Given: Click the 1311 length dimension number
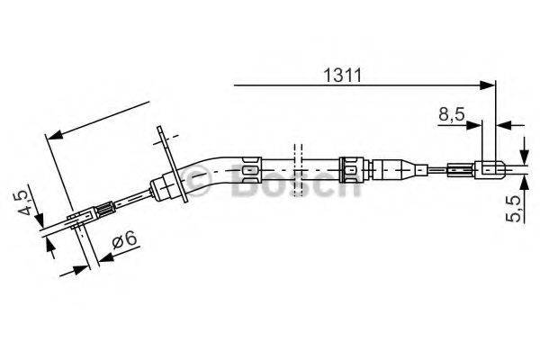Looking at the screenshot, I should point(343,76).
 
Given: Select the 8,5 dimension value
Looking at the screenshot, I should point(452,115).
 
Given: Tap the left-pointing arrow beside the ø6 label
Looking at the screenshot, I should point(103,257).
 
